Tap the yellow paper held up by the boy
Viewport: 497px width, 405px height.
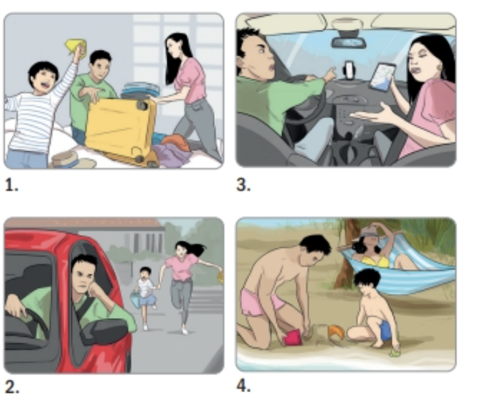pos(75,47)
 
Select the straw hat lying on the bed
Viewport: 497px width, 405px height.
pos(72,160)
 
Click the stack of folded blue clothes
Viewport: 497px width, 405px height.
pos(139,90)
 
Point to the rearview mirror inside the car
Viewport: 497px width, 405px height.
pos(348,42)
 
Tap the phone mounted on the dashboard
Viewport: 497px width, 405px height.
pos(349,70)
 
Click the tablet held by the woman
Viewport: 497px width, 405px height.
pos(383,77)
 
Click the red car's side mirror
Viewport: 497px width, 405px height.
pos(106,332)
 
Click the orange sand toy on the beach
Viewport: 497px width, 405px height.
pos(336,332)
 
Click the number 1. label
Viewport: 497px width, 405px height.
pos(12,185)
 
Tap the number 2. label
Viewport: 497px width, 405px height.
pos(12,387)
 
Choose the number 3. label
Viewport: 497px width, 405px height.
pos(244,185)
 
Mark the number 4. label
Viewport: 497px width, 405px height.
pos(244,386)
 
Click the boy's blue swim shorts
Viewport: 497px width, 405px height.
pos(385,330)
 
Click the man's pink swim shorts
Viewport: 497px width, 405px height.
pos(258,302)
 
